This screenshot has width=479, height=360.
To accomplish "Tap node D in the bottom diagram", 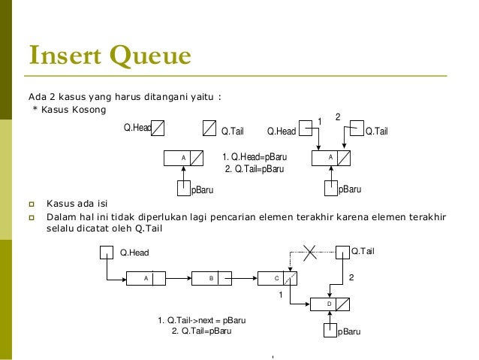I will pyautogui.click(x=329, y=304).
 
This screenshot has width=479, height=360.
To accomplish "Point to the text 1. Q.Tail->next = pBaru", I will pyautogui.click(x=202, y=320).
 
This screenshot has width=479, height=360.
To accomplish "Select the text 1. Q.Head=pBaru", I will pyautogui.click(x=255, y=157).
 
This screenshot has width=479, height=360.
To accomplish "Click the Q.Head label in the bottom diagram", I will pyautogui.click(x=135, y=253).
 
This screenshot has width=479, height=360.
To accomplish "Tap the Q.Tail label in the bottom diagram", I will pyautogui.click(x=364, y=250).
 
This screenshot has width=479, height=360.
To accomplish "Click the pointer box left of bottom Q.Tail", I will pyautogui.click(x=342, y=251).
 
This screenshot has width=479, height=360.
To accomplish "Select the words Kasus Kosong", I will pyautogui.click(x=73, y=110).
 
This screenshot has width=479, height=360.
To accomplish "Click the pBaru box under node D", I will pyautogui.click(x=329, y=330).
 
